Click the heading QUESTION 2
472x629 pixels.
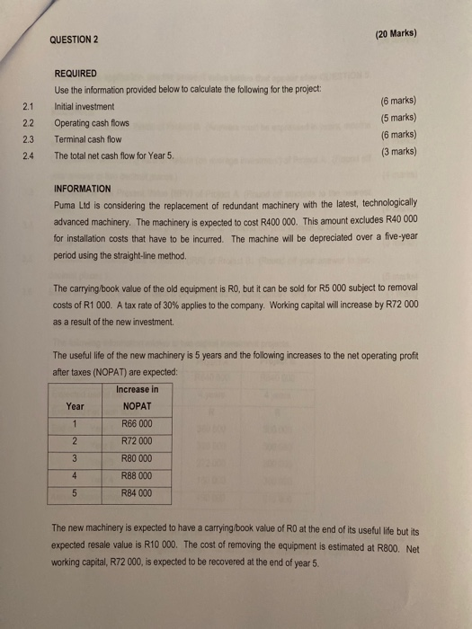pos(78,40)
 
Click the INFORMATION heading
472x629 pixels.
pos(83,190)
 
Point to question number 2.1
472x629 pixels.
pos(25,106)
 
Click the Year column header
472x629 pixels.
pos(76,405)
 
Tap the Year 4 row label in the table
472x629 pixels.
pos(76,475)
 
